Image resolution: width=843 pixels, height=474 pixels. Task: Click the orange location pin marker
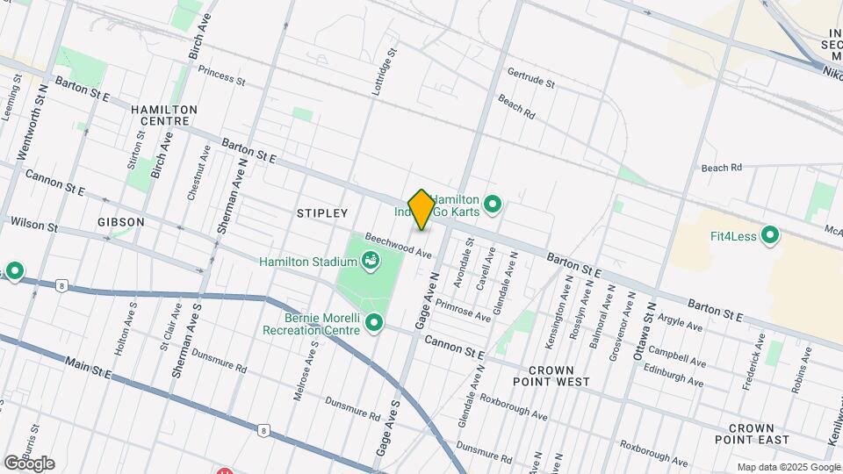coord(421,209)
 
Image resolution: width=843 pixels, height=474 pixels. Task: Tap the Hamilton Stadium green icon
coord(370,261)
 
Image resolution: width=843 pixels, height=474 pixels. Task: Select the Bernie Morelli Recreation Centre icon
coord(376,323)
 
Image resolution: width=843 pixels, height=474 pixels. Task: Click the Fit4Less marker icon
coord(770,235)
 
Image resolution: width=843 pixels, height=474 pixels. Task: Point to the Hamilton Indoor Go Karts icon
coord(493,206)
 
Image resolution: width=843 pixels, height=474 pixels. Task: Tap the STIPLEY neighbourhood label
coord(322,213)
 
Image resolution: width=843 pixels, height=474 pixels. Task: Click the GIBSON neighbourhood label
coord(121,222)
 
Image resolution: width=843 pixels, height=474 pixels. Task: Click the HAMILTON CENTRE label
coord(164,115)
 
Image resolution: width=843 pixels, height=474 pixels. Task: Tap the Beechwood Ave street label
coord(399,245)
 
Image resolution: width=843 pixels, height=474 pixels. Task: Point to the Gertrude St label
coord(530,77)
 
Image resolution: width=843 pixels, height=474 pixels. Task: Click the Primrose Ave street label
coord(464,308)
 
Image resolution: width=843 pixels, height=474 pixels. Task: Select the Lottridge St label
coord(380,73)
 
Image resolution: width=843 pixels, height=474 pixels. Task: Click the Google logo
coord(29,463)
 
